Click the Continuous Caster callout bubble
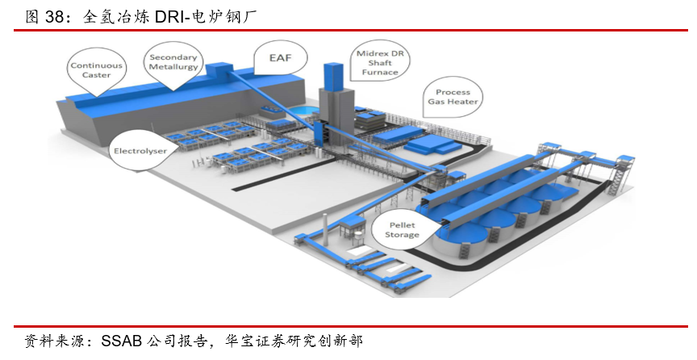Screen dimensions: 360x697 (96, 70)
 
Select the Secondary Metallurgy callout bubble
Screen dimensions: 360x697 (173, 62)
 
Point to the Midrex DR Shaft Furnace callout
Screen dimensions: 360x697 (379, 62)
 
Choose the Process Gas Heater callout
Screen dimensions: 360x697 (453, 97)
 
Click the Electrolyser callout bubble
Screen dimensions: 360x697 (140, 150)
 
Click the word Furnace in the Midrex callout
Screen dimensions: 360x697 (379, 72)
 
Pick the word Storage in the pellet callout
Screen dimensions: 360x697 (401, 234)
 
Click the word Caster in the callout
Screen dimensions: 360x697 (96, 75)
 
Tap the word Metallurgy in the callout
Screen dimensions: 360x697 (173, 67)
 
